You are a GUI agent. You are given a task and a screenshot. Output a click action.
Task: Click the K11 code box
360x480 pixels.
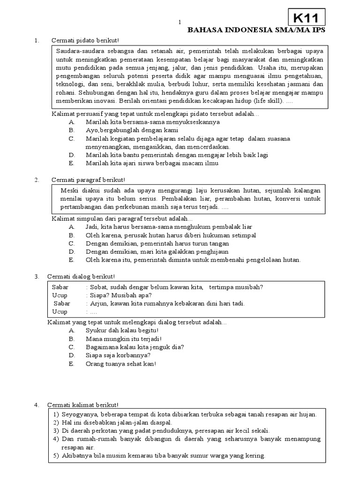(306, 18)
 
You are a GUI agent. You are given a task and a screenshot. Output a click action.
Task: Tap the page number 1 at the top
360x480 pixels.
(179, 22)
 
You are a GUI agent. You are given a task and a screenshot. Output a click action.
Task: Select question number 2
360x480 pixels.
(37, 180)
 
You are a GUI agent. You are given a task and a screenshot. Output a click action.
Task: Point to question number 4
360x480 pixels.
(37, 405)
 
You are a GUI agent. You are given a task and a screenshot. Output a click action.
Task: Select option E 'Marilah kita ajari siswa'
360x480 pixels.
(152, 164)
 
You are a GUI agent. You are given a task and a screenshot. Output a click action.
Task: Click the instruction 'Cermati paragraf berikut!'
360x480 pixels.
(88, 180)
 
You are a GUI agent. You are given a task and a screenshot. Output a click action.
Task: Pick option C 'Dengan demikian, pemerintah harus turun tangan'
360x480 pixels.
(157, 243)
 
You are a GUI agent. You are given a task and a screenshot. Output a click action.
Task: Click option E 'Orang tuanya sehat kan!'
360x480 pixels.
(120, 364)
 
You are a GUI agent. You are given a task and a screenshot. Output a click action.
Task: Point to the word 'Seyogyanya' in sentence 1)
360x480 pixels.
(77, 414)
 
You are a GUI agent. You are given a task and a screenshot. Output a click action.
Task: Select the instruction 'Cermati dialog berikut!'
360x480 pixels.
(83, 276)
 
